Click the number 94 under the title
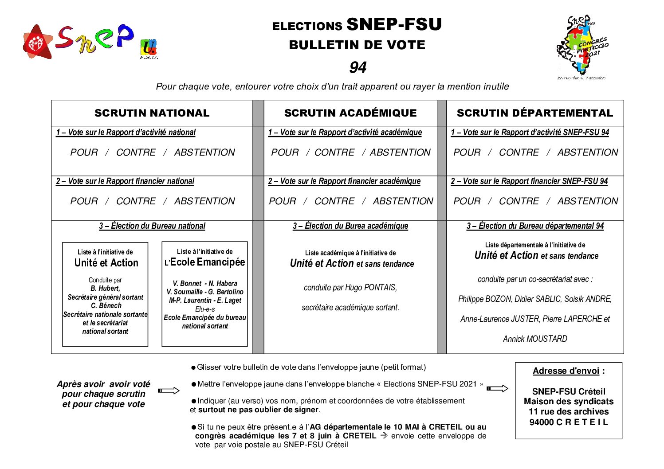(x=358, y=67)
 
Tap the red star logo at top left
(x=37, y=43)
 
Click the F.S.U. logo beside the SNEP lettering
(x=149, y=49)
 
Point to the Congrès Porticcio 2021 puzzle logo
(x=581, y=47)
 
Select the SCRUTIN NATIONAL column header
(x=152, y=113)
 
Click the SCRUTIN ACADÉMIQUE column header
(x=350, y=113)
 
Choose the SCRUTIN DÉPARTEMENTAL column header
(x=534, y=113)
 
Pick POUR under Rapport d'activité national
(x=84, y=152)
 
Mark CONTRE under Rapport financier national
(x=136, y=201)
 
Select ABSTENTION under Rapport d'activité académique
(x=400, y=152)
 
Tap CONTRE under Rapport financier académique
(x=334, y=201)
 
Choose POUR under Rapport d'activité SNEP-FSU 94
(x=467, y=152)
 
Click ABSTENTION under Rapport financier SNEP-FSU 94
(x=587, y=201)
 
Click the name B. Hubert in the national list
(x=105, y=289)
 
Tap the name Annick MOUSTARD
(x=535, y=339)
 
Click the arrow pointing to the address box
(x=497, y=389)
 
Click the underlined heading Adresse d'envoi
(x=566, y=371)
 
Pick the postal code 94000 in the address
(x=541, y=422)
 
